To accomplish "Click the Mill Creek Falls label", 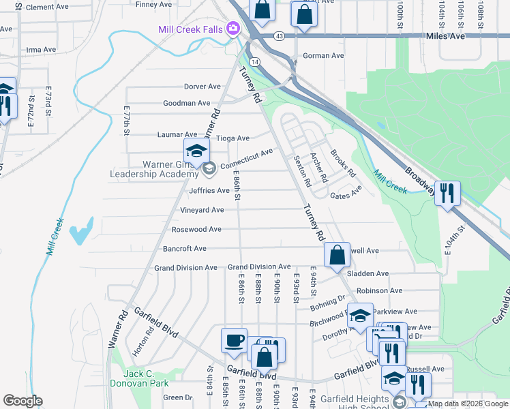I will coord(191,29).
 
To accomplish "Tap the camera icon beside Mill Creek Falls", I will coord(233,28).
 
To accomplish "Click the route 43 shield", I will coord(280,35).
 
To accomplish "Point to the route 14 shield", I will coord(254,61).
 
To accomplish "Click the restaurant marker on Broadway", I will coord(447,192).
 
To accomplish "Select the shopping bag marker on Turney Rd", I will coord(337,254).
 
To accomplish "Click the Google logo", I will coord(22,401).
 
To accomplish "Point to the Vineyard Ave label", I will coord(202,210).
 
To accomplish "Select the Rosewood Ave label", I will coord(196,229).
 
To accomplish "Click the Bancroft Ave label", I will coord(181,249).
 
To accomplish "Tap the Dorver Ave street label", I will coord(202,87).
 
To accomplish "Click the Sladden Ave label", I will coord(367,273).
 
